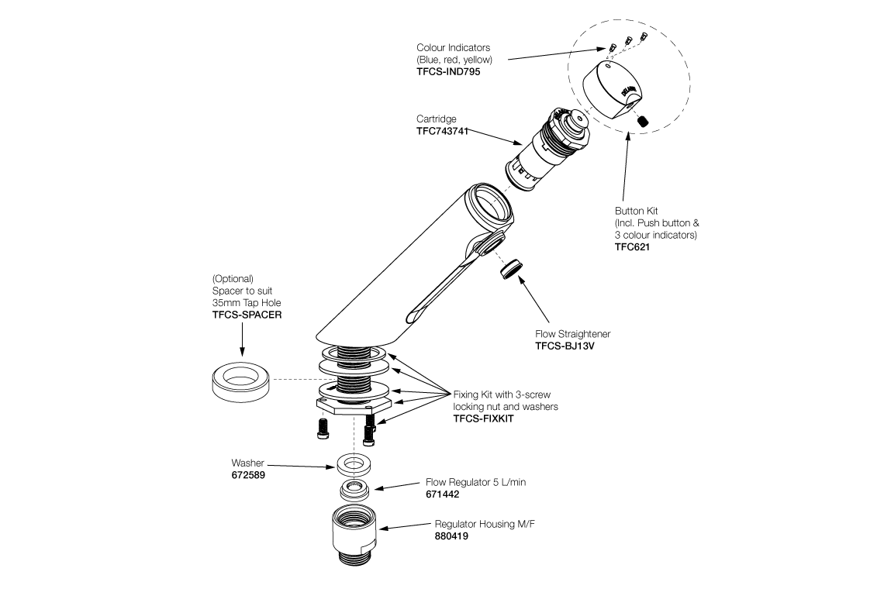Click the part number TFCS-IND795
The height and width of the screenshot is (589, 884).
point(448,71)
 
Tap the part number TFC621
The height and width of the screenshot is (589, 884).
point(632,247)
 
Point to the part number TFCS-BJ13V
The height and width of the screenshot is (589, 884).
point(568,346)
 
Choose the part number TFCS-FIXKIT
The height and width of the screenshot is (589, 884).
point(483,418)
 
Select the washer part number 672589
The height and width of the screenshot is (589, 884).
point(248,475)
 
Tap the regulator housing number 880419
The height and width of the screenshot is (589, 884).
point(451,536)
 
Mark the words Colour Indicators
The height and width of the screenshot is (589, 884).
point(454,48)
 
